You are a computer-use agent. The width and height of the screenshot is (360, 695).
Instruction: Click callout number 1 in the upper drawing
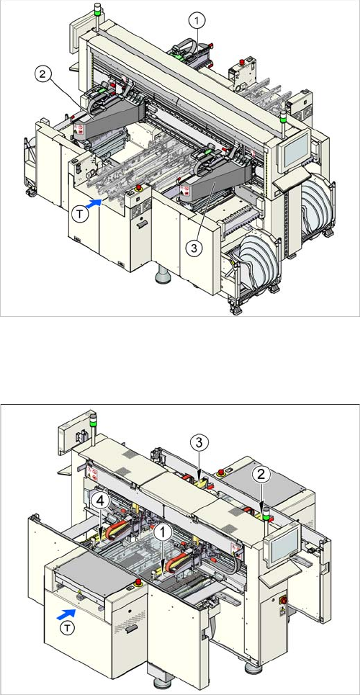click(197, 19)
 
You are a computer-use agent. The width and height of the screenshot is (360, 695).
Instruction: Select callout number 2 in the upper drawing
click(42, 74)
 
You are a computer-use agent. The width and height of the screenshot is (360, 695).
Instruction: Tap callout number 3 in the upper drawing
click(193, 248)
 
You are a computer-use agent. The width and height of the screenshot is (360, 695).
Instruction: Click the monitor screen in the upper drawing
click(297, 148)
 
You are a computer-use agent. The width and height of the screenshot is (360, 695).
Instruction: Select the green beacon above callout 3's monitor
click(282, 116)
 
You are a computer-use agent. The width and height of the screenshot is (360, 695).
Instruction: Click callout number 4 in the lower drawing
click(101, 502)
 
